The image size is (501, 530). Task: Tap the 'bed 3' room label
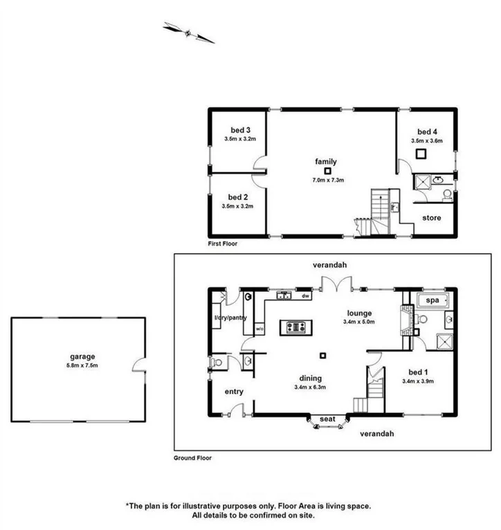point(239,130)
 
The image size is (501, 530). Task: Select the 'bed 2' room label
point(238,197)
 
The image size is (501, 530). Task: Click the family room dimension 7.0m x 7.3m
point(328,180)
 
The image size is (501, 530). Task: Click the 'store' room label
point(432,219)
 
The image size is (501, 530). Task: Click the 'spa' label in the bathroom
point(433,301)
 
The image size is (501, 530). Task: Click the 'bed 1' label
point(416,372)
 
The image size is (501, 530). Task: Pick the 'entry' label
point(234,392)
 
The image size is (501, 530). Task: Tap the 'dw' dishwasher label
point(304,296)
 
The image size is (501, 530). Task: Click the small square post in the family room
point(328,170)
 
